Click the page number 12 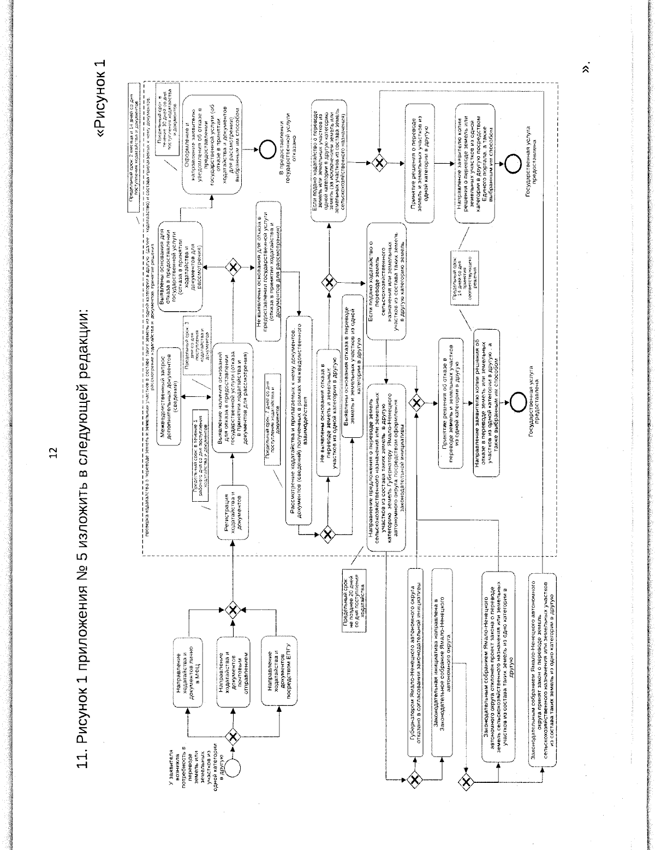pos(53,453)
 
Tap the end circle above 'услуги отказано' pos(269,152)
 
